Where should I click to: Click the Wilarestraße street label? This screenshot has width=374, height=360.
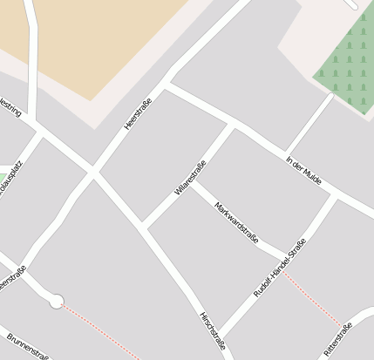[190, 177]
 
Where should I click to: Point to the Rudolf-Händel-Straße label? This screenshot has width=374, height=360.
[280, 268]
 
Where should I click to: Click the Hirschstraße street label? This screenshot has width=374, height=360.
[213, 330]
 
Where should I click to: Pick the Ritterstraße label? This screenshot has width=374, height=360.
[337, 339]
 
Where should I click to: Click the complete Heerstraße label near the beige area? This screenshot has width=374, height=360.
[138, 115]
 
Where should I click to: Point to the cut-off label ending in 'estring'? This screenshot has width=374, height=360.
[10, 108]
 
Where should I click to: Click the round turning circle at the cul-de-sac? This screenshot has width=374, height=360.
[57, 302]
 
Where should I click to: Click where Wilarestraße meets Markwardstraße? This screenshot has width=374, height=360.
[192, 181]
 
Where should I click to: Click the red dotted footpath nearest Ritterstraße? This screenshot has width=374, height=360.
[314, 296]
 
